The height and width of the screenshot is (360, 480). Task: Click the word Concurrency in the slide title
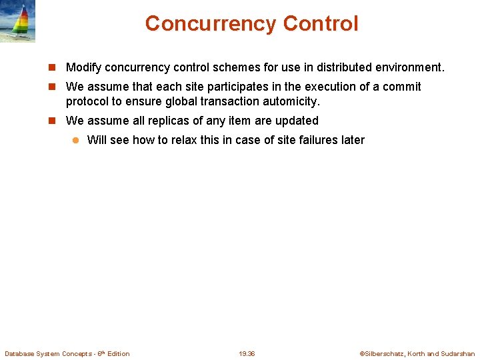click(x=211, y=24)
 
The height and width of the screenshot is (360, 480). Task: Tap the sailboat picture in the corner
click(x=18, y=22)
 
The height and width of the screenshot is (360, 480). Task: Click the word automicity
click(x=289, y=101)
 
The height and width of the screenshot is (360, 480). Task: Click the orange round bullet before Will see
click(x=75, y=140)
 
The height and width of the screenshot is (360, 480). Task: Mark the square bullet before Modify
click(x=54, y=67)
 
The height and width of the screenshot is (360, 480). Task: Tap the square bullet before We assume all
click(x=54, y=121)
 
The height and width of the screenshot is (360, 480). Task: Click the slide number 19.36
click(x=247, y=353)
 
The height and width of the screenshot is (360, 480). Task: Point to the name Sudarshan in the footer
click(x=458, y=353)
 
